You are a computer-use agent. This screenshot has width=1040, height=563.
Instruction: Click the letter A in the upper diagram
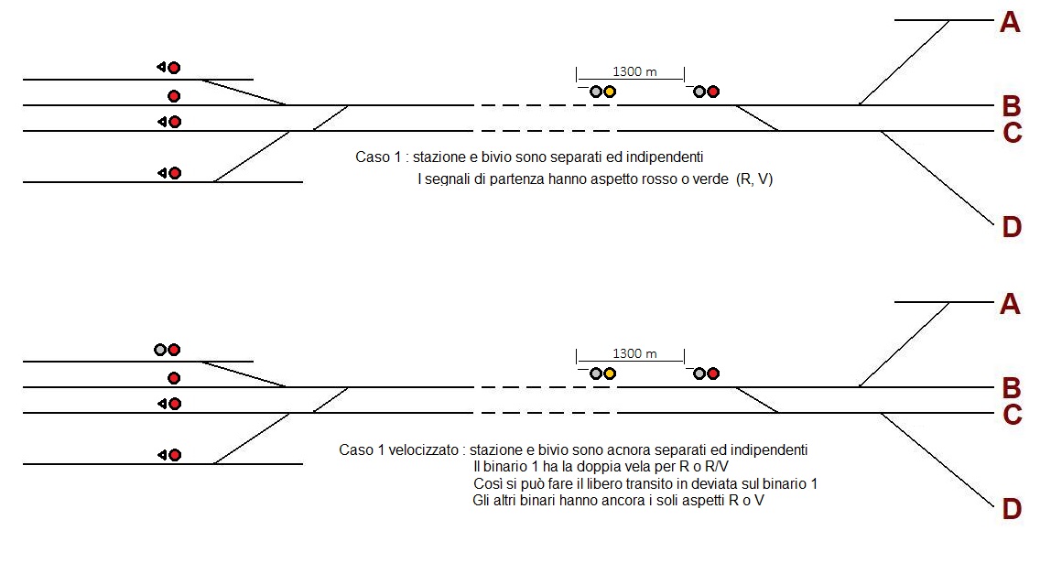[x=1010, y=23]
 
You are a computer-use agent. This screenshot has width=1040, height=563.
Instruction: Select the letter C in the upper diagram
[x=1012, y=134]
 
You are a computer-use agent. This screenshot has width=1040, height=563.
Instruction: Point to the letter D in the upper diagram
[x=1011, y=226]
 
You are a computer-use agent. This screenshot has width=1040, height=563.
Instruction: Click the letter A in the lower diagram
[x=1010, y=304]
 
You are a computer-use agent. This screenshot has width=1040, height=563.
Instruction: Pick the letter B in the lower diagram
[x=1011, y=386]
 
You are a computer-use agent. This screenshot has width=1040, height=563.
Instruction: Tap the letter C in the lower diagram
[x=1012, y=416]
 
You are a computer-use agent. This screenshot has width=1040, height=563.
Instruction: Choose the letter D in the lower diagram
[x=1011, y=508]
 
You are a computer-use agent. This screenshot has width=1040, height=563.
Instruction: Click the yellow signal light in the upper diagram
[x=610, y=92]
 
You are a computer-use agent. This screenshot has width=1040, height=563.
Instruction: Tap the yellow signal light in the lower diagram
[x=610, y=374]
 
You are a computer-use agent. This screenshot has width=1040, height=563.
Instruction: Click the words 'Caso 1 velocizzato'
[x=398, y=450]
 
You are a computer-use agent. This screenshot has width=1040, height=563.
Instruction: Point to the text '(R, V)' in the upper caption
[x=754, y=180]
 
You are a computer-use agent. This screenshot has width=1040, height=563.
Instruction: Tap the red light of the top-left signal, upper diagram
[x=174, y=67]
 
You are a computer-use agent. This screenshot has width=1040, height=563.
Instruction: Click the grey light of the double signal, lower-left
[x=160, y=350]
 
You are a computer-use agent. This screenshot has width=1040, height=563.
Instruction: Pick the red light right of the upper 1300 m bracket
[x=713, y=92]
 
